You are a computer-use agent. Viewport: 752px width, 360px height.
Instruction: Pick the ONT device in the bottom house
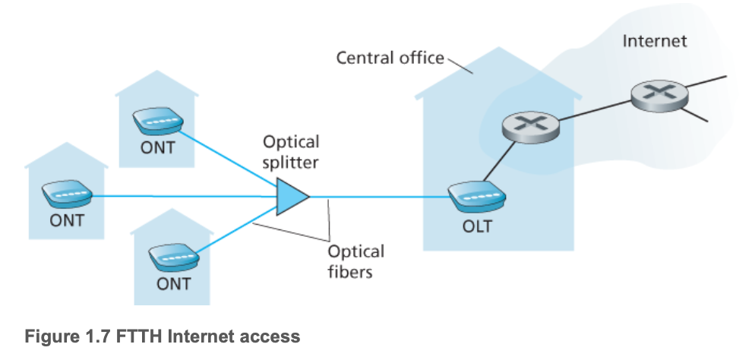point(172,255)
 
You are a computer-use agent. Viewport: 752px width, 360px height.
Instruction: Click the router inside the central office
point(532,127)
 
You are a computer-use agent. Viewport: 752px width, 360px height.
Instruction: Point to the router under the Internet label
point(659,93)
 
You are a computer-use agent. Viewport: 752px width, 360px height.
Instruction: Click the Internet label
point(654,41)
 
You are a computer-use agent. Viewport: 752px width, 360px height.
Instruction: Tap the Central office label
point(390,58)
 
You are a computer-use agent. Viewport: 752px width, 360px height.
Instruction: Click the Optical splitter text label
point(291,152)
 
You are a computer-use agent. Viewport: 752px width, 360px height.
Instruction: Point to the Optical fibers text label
point(355,261)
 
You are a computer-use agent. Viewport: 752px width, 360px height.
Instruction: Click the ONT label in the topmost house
point(157,147)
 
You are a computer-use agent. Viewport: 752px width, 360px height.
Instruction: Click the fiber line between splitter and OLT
point(380,197)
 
